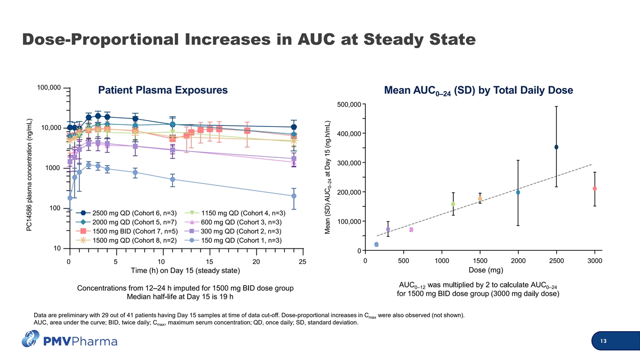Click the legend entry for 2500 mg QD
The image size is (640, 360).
tap(126, 213)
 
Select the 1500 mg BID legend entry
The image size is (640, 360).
tap(127, 231)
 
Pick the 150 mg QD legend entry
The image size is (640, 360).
tap(233, 241)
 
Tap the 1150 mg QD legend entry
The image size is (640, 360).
tap(235, 213)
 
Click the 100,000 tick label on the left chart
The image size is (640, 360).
tap(49, 87)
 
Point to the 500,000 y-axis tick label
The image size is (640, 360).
tap(349, 105)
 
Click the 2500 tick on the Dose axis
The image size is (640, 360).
tap(556, 261)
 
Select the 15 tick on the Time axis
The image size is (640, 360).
tap(210, 262)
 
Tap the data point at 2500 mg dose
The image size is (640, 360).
tap(556, 147)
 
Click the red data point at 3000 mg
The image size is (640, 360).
tap(595, 189)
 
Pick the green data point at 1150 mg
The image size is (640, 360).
tap(453, 204)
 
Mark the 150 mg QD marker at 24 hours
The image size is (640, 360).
tap(294, 196)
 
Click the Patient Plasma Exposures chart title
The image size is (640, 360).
tap(163, 90)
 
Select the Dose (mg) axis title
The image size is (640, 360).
tap(486, 270)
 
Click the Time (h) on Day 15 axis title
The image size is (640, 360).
tap(186, 270)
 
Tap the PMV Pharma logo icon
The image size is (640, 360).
tap(30, 339)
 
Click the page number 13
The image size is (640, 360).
tap(603, 341)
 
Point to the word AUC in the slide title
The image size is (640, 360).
tap(316, 39)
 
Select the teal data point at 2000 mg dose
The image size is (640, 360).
tap(518, 193)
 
